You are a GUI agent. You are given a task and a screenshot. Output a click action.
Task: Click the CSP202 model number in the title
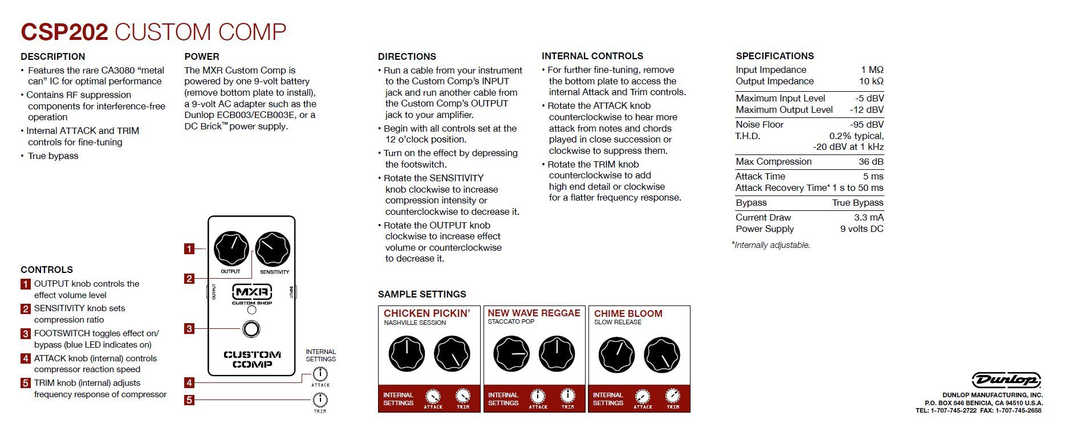[x=64, y=32]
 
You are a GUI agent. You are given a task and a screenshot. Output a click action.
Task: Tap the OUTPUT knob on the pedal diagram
[x=231, y=249]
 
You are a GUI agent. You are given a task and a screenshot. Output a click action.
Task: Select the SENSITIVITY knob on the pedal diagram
[x=273, y=249]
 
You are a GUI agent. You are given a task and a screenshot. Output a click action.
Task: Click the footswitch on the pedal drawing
[x=251, y=329]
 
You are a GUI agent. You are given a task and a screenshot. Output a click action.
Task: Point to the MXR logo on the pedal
[x=251, y=293]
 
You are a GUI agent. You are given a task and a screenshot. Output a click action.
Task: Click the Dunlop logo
[x=1006, y=380]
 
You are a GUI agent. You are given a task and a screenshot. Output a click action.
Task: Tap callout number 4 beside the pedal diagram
[x=189, y=382]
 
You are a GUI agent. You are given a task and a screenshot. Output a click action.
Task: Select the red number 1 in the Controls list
[x=26, y=284]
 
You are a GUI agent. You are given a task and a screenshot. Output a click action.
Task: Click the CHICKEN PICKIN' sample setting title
[x=427, y=313]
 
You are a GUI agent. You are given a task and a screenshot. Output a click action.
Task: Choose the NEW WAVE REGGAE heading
[x=534, y=313]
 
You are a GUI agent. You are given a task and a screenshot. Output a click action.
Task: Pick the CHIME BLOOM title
[x=628, y=313]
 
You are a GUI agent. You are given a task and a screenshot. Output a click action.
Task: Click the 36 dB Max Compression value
[x=871, y=162]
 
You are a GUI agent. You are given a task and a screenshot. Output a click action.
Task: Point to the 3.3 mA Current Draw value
[x=868, y=218]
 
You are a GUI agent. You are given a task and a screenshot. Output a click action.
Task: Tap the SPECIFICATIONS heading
[x=774, y=56]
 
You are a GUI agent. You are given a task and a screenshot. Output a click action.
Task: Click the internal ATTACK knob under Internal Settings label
[x=320, y=374]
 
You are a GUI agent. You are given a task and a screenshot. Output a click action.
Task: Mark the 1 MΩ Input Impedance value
[x=872, y=70]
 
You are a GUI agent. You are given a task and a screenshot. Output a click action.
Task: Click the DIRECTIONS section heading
[x=407, y=56]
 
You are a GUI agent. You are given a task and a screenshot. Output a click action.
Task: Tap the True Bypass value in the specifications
[x=857, y=203]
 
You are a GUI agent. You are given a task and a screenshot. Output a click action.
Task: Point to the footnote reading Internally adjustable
[x=771, y=245]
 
